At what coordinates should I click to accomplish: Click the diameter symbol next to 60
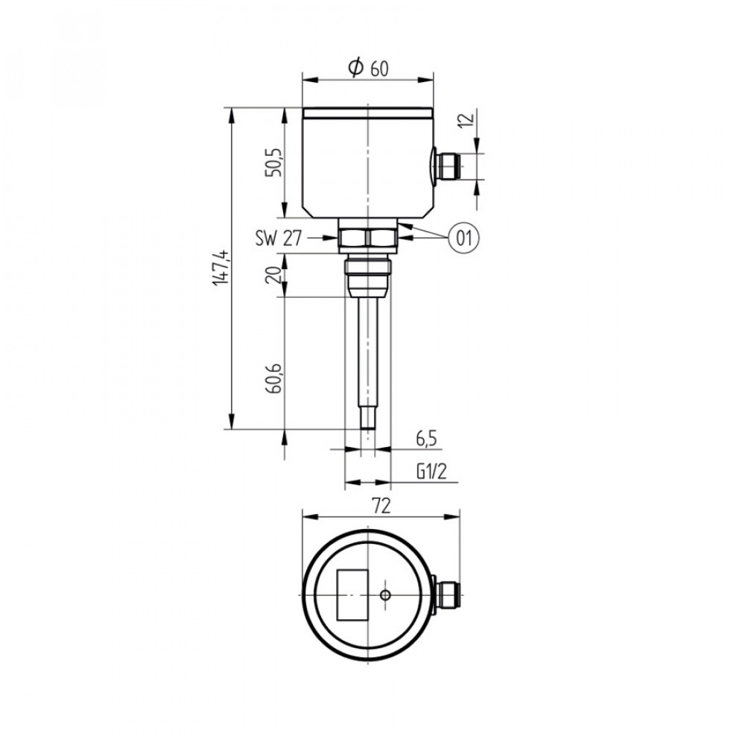[356, 68]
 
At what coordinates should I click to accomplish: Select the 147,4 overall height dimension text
[222, 267]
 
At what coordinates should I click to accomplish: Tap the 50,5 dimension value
[274, 162]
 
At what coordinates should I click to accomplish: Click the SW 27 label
[279, 238]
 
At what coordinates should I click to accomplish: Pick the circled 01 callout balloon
[464, 237]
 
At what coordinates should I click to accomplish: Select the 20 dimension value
[274, 275]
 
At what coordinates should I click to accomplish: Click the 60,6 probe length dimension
[274, 378]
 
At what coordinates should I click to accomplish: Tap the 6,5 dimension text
[426, 439]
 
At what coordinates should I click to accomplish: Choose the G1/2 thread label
[432, 472]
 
